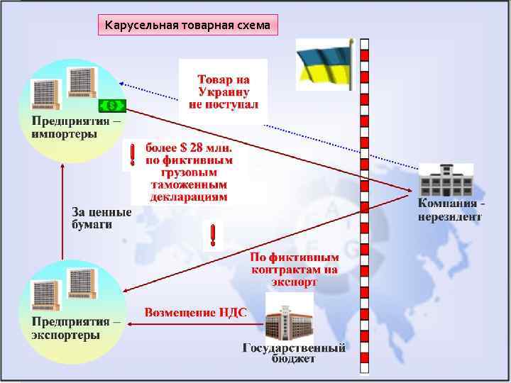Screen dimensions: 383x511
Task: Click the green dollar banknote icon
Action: click(112, 106)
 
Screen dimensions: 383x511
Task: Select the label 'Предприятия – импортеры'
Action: click(76, 128)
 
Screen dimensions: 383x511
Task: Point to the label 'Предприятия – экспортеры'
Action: click(76, 328)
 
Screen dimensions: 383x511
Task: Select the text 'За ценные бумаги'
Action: click(101, 218)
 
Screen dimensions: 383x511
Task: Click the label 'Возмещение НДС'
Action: click(196, 312)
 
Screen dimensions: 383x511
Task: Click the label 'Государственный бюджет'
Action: click(294, 353)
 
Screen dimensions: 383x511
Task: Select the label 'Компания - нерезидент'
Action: click(451, 211)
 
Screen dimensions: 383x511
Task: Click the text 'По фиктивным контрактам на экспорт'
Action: click(294, 269)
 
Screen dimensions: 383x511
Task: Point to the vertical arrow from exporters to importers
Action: click(63, 213)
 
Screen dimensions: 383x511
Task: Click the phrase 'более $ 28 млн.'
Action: click(189, 148)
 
